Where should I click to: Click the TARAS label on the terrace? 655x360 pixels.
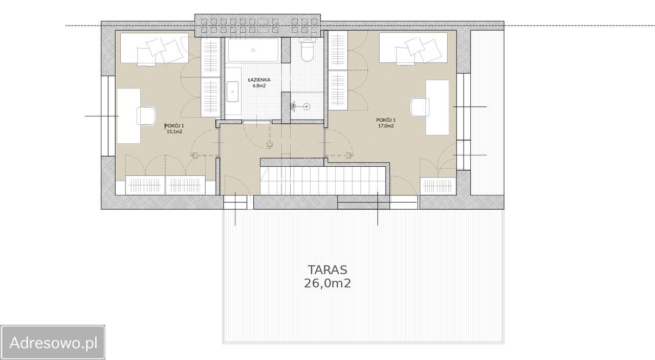pos(327,269)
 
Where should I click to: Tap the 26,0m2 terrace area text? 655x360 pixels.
pos(327,283)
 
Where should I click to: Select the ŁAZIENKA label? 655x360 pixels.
pos(259,79)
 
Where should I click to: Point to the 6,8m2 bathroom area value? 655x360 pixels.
pos(259,85)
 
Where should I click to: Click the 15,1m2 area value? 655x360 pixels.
pos(174,131)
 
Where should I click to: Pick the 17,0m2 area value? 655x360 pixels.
pos(386,126)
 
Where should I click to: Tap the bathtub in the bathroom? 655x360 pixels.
pos(253,50)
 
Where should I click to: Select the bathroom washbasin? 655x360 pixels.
pos(232,92)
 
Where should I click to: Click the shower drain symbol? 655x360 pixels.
pos(307,107)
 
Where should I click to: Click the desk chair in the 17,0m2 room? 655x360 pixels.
pos(419,107)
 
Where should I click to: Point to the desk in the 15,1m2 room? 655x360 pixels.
pos(128,116)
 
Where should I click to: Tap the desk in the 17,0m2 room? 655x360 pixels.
pos(437,107)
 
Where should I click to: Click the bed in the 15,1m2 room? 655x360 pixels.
pos(155,48)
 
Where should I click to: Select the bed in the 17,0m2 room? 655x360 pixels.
pos(413,48)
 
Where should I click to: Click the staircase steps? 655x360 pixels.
pos(323,181)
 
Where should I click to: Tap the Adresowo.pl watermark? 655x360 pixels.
pos(53,343)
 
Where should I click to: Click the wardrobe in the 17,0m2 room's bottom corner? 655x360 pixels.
pos(438,186)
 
